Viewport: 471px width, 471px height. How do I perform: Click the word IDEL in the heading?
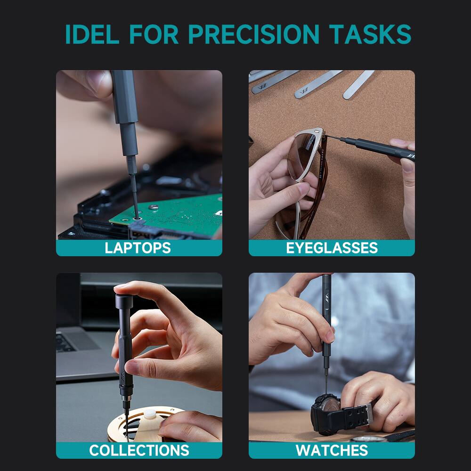(x=92, y=34)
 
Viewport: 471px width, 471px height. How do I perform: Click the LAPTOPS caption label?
(x=138, y=248)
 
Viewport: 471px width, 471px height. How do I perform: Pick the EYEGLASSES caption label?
(x=332, y=248)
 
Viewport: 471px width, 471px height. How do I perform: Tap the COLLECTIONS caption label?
(x=139, y=450)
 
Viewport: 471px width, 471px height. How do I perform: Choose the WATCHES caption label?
(x=332, y=450)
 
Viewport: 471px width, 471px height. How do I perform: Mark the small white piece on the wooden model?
(x=150, y=415)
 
